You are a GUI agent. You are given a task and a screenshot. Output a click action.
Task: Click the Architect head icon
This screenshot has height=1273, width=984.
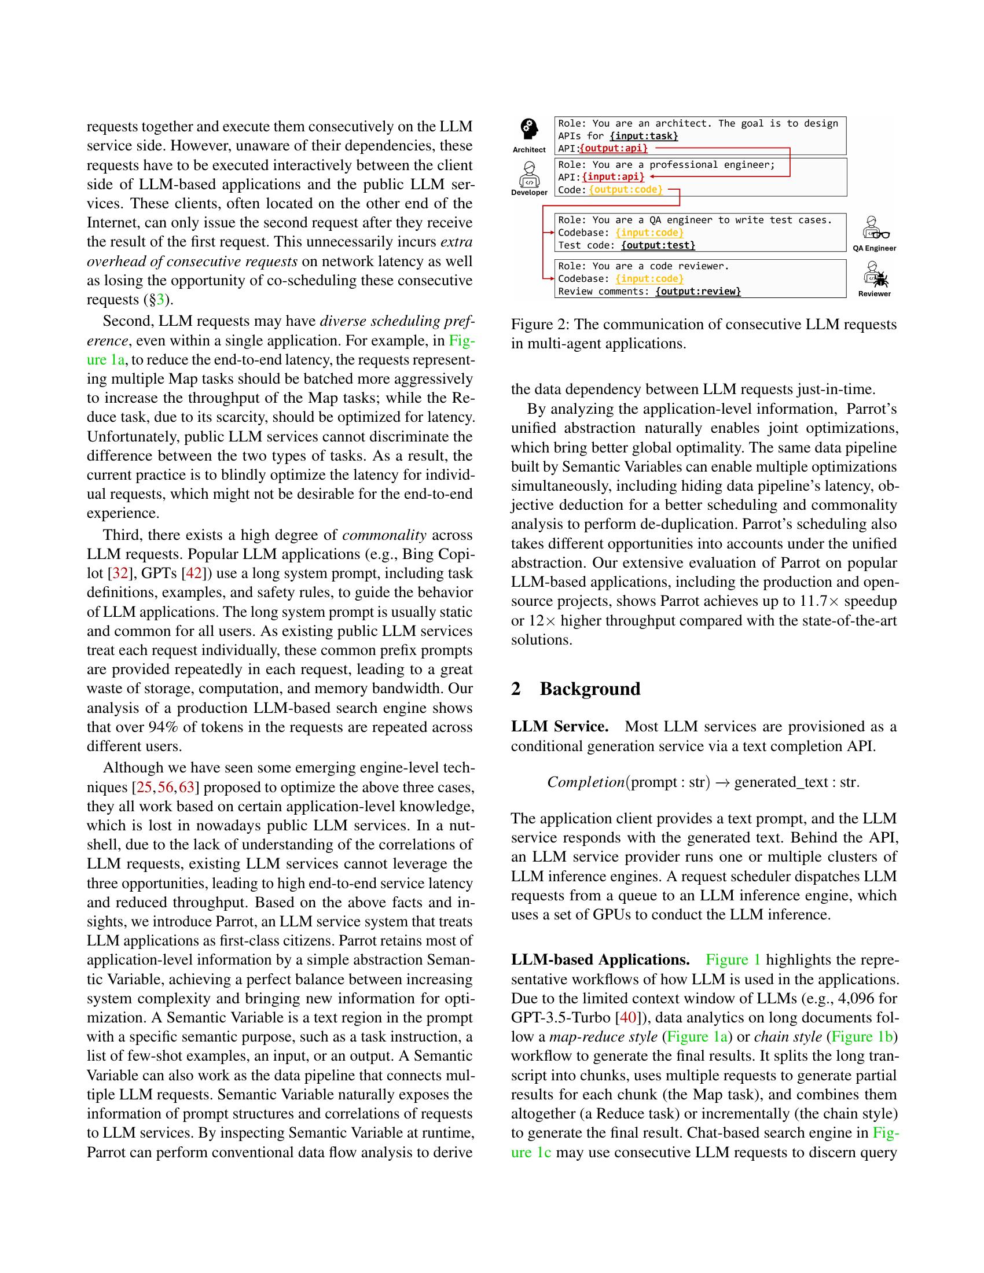[x=528, y=130]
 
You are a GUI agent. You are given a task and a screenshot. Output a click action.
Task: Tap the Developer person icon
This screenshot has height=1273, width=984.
[x=528, y=174]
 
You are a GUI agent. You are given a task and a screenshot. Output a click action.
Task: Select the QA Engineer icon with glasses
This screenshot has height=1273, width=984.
[x=874, y=229]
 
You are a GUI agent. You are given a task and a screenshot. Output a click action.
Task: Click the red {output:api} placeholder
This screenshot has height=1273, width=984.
[x=614, y=148]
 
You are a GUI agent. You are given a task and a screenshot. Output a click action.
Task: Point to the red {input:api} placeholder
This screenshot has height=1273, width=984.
[x=612, y=176]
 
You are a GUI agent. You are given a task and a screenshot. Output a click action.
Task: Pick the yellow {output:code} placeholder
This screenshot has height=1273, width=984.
[x=626, y=189]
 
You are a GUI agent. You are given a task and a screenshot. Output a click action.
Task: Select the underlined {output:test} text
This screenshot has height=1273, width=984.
[x=658, y=245]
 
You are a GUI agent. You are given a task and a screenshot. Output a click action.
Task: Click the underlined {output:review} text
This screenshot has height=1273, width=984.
[x=698, y=291]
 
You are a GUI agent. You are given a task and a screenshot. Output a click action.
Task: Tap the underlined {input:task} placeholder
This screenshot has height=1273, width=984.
[x=644, y=136]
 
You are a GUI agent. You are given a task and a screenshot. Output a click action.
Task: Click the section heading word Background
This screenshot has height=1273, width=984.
[x=590, y=689]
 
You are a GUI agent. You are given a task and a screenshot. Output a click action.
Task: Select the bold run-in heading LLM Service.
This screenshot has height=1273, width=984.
[x=560, y=726]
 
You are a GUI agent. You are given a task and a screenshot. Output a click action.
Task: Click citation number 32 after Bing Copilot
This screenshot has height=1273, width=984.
[x=120, y=573]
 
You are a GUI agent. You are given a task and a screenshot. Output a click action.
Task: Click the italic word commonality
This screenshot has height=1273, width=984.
[x=384, y=535]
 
